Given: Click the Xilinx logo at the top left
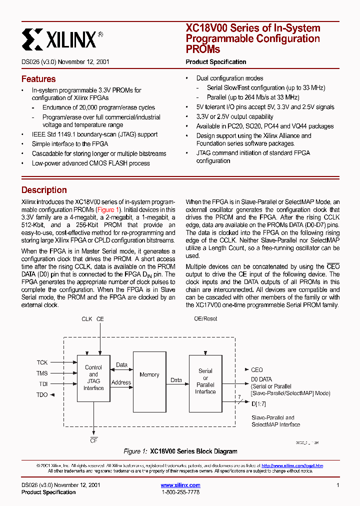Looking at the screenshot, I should (x=62, y=38).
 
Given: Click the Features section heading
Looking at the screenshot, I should (x=38, y=79).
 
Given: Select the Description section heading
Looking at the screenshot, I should (x=44, y=190).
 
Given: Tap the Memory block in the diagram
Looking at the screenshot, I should (x=149, y=374).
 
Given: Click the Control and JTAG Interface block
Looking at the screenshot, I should (x=93, y=377).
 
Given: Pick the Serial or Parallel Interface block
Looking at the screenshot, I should (x=205, y=381).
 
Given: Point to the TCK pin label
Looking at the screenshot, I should (x=42, y=362).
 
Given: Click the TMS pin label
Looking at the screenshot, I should (x=42, y=373).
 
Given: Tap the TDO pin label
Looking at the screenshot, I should (x=42, y=395).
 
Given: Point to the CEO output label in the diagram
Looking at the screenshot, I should (x=256, y=370).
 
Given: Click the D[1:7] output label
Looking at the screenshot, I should (x=259, y=403).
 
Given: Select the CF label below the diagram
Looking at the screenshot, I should (x=93, y=440).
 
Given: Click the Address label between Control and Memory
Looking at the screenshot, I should (x=121, y=382).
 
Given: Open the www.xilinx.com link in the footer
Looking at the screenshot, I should (x=180, y=485).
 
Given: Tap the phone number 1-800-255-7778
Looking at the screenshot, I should (x=180, y=492).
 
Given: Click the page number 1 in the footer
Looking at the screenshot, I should (x=338, y=485).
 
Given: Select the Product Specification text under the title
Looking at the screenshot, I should (x=216, y=62).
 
